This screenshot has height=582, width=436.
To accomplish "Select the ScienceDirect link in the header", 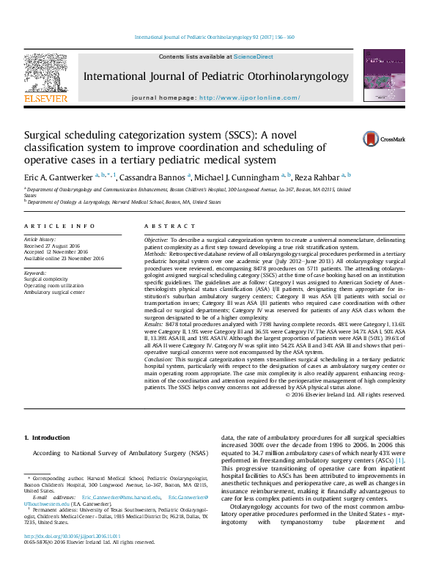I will [254, 56].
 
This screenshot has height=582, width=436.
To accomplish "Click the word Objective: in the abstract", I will [156, 240].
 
